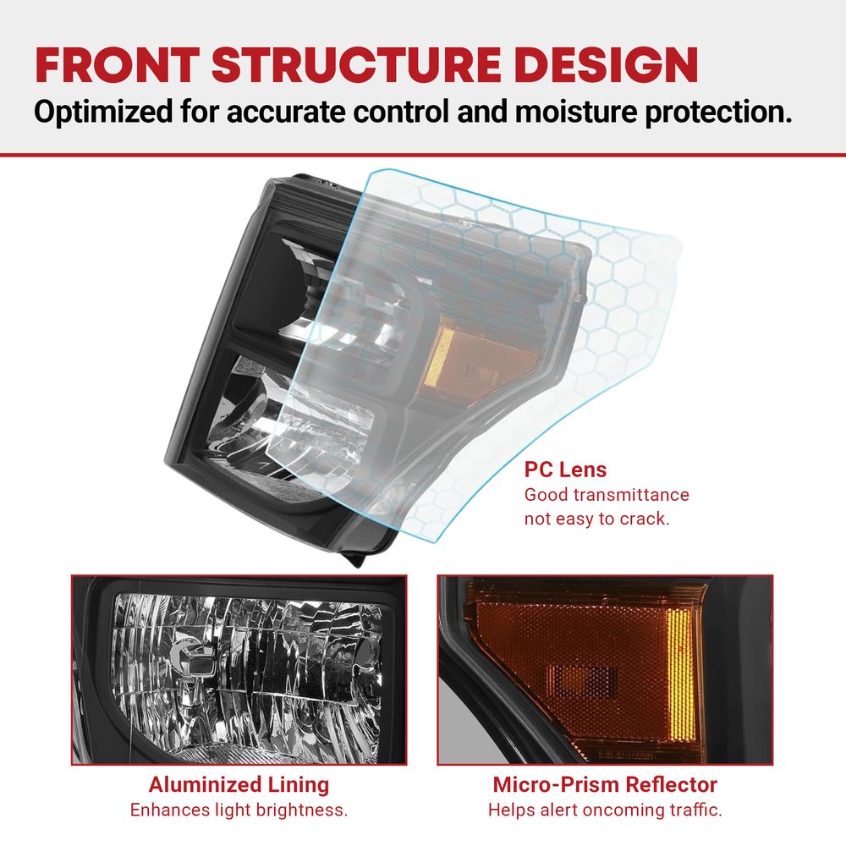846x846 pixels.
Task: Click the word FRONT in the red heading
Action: coord(117,65)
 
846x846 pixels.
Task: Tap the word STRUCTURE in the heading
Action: coord(357,65)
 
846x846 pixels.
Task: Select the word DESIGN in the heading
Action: coord(607,65)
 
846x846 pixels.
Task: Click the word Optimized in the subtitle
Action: coord(103,113)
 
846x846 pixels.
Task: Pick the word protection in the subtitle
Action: coord(718,113)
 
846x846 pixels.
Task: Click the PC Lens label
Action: coord(565,470)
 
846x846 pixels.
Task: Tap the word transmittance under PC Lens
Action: coord(634,495)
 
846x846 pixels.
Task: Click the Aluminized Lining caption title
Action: coord(239,784)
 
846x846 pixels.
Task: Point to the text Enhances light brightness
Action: coord(239,810)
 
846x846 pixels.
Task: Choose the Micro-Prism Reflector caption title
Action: coord(605,784)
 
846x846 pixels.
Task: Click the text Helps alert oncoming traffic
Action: coord(605,810)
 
